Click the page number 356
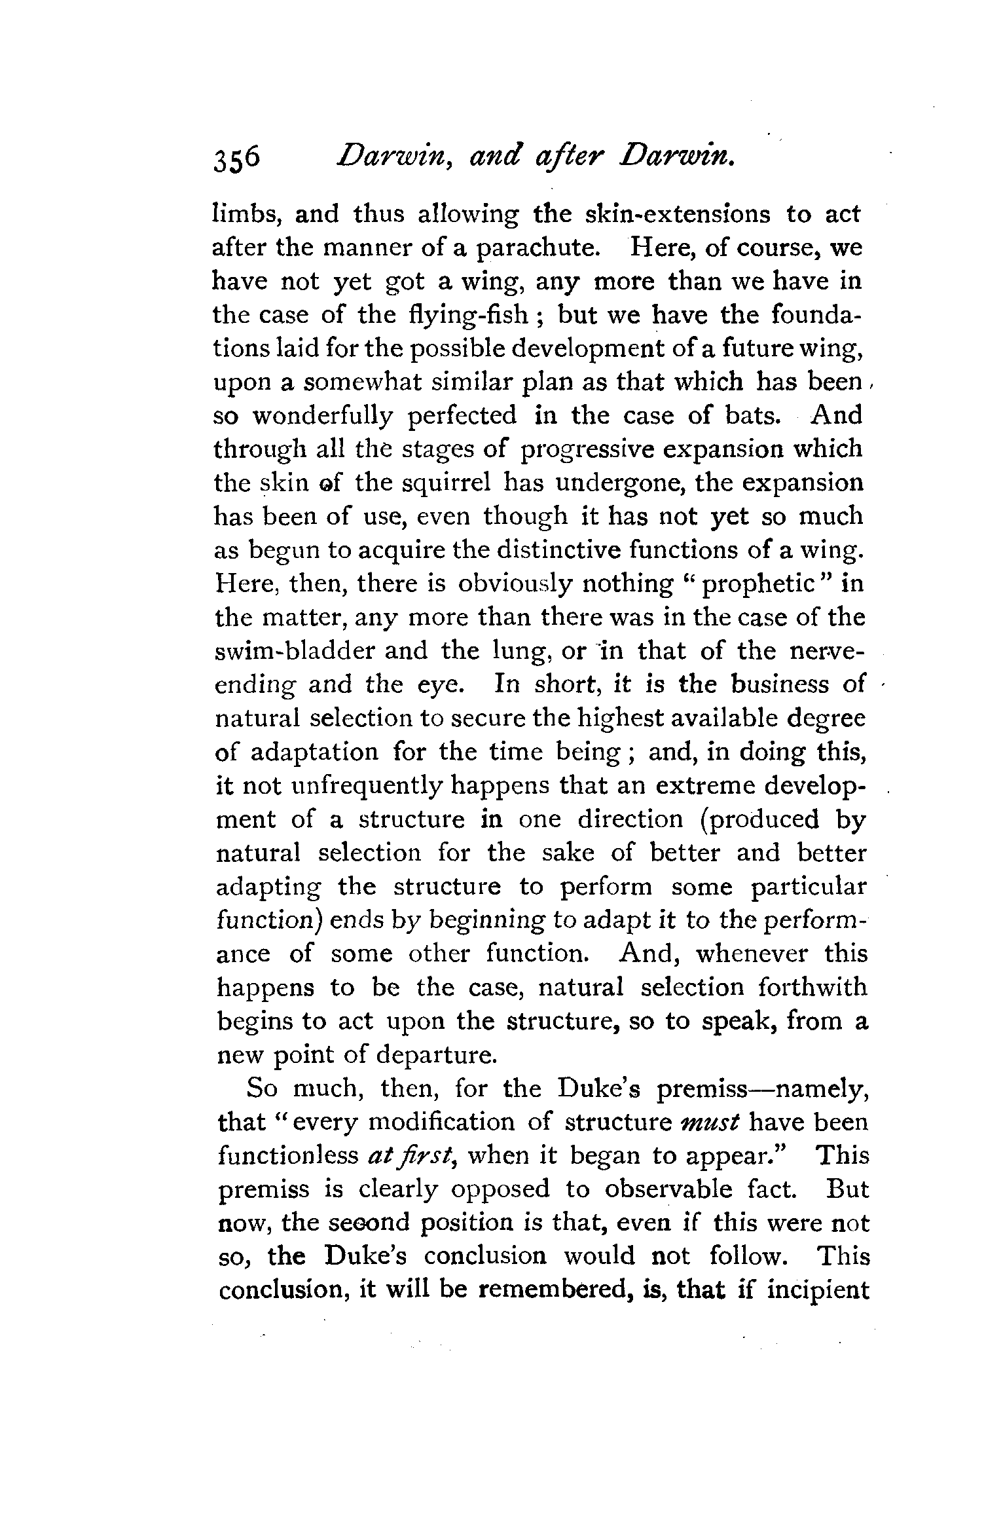pyautogui.click(x=236, y=158)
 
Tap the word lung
pyautogui.click(x=524, y=652)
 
